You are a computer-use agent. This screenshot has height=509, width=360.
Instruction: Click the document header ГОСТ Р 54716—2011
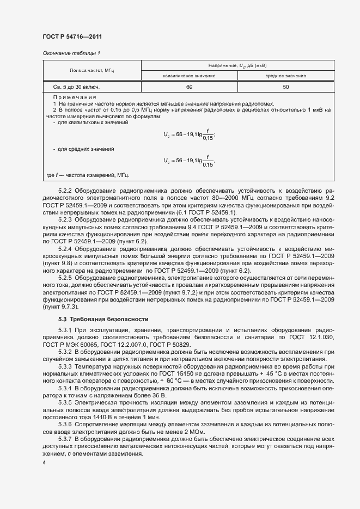pos(72,36)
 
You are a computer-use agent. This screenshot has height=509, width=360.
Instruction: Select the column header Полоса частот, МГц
pos(91,71)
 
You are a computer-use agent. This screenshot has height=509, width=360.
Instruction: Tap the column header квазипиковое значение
pos(189,76)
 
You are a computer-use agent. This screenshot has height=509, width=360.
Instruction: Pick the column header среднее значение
pos(286,76)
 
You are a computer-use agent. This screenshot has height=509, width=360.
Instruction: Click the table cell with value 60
pos(189,87)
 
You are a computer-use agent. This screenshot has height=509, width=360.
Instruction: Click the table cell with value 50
pos(286,87)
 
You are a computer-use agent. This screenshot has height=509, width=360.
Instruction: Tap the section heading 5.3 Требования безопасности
pos(99,318)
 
